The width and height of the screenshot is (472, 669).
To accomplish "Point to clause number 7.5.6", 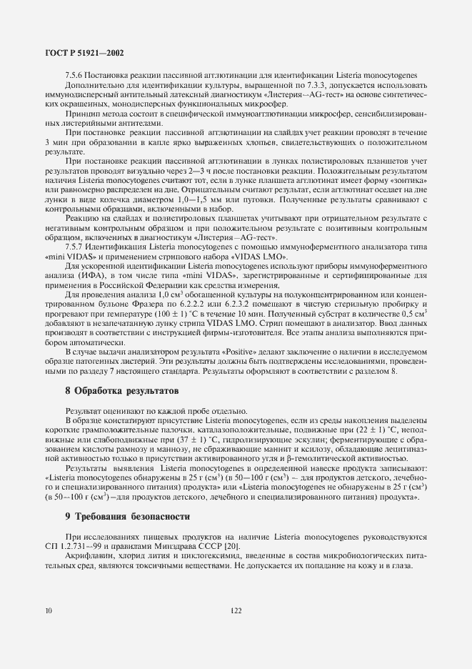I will [75, 76].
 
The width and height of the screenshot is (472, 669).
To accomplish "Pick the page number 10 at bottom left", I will [48, 610].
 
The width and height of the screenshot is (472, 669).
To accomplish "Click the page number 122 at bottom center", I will [236, 610].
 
